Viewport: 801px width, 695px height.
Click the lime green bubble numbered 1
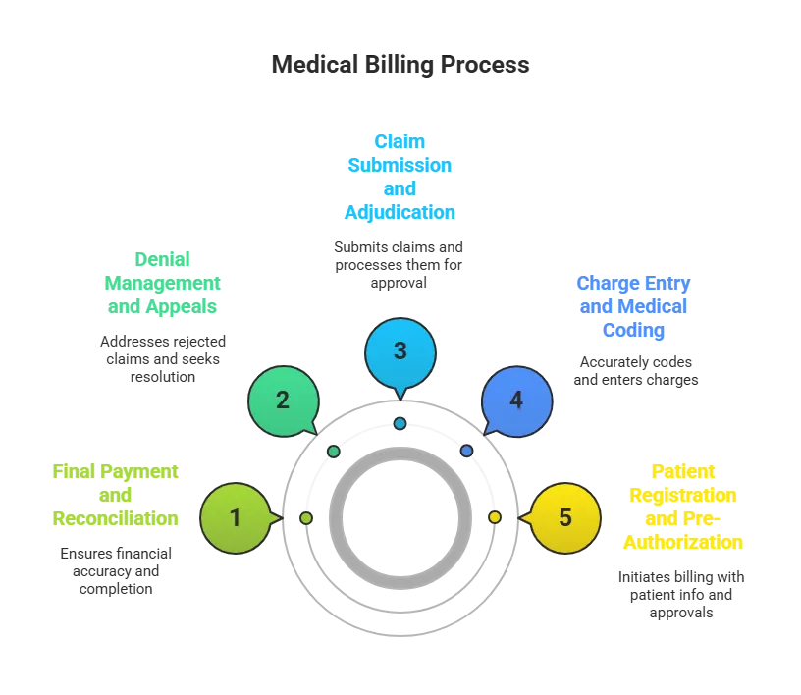tap(235, 517)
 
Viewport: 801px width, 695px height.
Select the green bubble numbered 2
tap(283, 401)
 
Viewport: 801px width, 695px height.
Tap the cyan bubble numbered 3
tap(400, 351)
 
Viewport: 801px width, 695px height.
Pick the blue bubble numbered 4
tap(516, 401)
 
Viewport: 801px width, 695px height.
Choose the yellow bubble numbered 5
tap(564, 517)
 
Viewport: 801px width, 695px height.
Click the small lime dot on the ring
tap(306, 517)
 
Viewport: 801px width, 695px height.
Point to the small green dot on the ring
tap(334, 451)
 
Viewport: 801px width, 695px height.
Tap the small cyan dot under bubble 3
tap(400, 423)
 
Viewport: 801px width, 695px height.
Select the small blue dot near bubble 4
tap(466, 451)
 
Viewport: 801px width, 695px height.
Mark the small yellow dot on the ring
tap(494, 517)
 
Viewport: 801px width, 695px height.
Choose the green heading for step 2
tap(163, 283)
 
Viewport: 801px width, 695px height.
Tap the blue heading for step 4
tap(634, 306)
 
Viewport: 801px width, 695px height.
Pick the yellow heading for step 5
tap(682, 506)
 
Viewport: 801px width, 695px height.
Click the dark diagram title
tap(400, 66)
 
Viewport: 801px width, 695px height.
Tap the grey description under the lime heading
tap(115, 568)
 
